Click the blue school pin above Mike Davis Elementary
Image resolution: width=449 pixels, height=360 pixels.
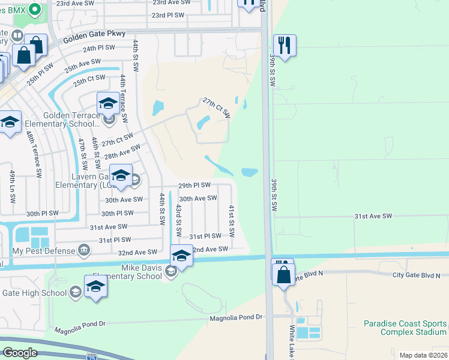pos(181,256)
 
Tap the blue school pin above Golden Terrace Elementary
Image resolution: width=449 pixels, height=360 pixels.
pos(108,103)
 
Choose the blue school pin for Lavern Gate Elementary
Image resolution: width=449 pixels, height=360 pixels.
pos(121,175)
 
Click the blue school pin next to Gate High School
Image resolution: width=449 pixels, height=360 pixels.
pos(95,286)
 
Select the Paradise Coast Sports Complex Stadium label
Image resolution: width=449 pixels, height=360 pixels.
pos(405,328)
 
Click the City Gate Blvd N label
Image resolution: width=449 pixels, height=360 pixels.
pos(417,275)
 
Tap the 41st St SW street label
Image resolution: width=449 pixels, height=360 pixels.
pos(231,219)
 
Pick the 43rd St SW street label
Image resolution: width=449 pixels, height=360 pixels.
pos(178,220)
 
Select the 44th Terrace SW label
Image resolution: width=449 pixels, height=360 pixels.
pos(123,99)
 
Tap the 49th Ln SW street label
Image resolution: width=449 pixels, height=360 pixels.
pos(12,185)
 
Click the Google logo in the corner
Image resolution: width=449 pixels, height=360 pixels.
pos(20,353)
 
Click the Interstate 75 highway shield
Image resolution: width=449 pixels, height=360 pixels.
pos(91,356)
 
